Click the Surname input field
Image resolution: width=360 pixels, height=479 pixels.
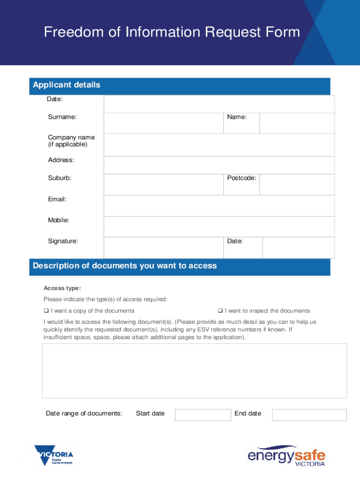point(163,123)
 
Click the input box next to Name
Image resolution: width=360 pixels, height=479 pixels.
point(297,123)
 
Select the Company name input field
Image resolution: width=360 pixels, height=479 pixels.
point(219,145)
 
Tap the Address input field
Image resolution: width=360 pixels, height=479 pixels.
point(219,165)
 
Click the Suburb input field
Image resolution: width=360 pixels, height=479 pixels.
point(163,184)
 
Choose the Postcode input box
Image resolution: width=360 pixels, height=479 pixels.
point(297,184)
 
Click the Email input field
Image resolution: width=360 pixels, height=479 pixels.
point(219,205)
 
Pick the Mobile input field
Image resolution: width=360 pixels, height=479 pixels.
point(219,226)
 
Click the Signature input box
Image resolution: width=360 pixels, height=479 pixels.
point(163,247)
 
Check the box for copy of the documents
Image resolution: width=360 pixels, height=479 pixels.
point(46,311)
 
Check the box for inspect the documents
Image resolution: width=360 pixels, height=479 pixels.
point(220,311)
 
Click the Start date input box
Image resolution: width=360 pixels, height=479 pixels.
point(203,415)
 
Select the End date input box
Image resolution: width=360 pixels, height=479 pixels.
point(309,415)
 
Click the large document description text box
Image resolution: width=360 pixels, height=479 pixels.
point(194,370)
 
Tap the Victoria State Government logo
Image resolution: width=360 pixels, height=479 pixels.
point(54,455)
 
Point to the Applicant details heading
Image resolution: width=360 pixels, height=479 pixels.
point(66,85)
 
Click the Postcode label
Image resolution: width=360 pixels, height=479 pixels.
point(241,178)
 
